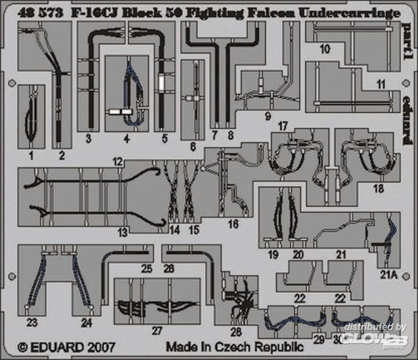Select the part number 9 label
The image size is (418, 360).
tap(268, 117)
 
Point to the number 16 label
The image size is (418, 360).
tap(233, 224)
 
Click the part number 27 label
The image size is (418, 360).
tap(156, 331)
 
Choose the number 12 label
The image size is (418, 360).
tap(117, 161)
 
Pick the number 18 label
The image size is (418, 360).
tap(378, 189)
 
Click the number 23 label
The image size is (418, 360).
tap(32, 322)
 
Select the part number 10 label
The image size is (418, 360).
tap(324, 49)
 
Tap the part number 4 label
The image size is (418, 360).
tap(126, 138)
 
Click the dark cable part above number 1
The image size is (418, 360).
tap(30, 117)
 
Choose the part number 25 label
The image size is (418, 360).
tap(146, 268)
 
